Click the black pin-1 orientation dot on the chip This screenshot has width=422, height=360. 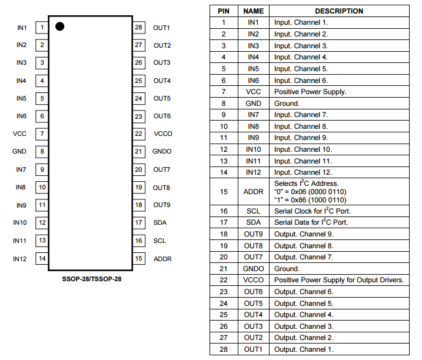pyautogui.click(x=59, y=26)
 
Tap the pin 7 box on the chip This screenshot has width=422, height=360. pyautogui.click(x=42, y=134)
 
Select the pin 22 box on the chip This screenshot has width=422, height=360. pyautogui.click(x=139, y=134)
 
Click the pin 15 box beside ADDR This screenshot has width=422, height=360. pyautogui.click(x=139, y=258)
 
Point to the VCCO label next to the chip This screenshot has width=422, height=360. pyautogui.click(x=162, y=134)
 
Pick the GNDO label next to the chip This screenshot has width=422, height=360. pyautogui.click(x=162, y=151)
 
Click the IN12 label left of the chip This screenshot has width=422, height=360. pyautogui.click(x=20, y=258)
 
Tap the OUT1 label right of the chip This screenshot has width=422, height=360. pyautogui.click(x=162, y=28)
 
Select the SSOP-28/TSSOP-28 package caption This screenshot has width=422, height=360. pyautogui.click(x=92, y=278)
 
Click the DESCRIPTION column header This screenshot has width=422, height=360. pyautogui.click(x=339, y=11)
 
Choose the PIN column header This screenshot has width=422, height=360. pyautogui.click(x=224, y=11)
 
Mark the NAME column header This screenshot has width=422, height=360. pyautogui.click(x=254, y=11)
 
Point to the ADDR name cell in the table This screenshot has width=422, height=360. pyautogui.click(x=254, y=191)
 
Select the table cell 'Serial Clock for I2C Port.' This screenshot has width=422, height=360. pyautogui.click(x=311, y=211)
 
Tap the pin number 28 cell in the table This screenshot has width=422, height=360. pyautogui.click(x=224, y=349)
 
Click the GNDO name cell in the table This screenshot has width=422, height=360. pyautogui.click(x=254, y=268)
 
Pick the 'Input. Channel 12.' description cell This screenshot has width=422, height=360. pyautogui.click(x=303, y=172)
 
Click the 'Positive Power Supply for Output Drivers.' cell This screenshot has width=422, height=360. pyautogui.click(x=339, y=280)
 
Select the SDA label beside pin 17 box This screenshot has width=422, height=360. pyautogui.click(x=160, y=222)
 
